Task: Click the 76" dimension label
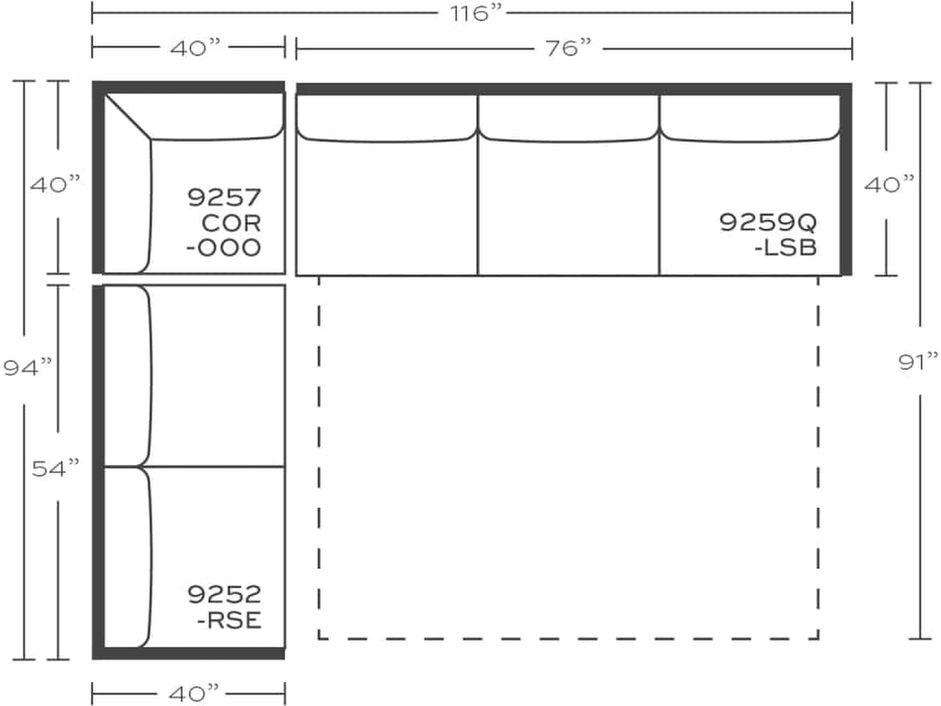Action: [x=566, y=48]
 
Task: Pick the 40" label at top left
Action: [x=190, y=48]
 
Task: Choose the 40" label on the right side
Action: [x=889, y=183]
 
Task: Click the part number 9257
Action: [x=225, y=197]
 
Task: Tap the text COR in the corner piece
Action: [x=232, y=222]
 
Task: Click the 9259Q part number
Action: [x=767, y=222]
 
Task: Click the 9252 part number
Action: [x=225, y=594]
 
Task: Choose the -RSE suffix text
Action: [x=229, y=620]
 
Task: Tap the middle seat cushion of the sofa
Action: [x=568, y=207]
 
